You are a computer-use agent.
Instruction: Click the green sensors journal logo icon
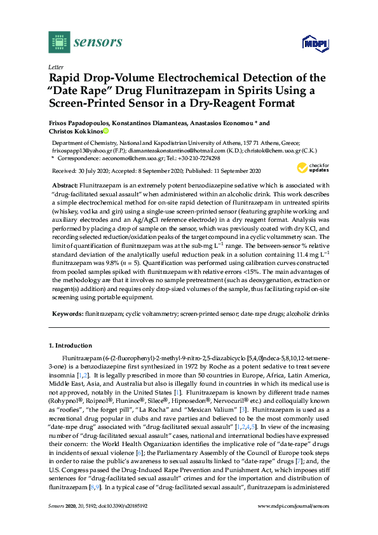pyautogui.click(x=58, y=43)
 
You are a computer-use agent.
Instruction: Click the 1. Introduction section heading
pyautogui.click(x=71, y=346)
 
